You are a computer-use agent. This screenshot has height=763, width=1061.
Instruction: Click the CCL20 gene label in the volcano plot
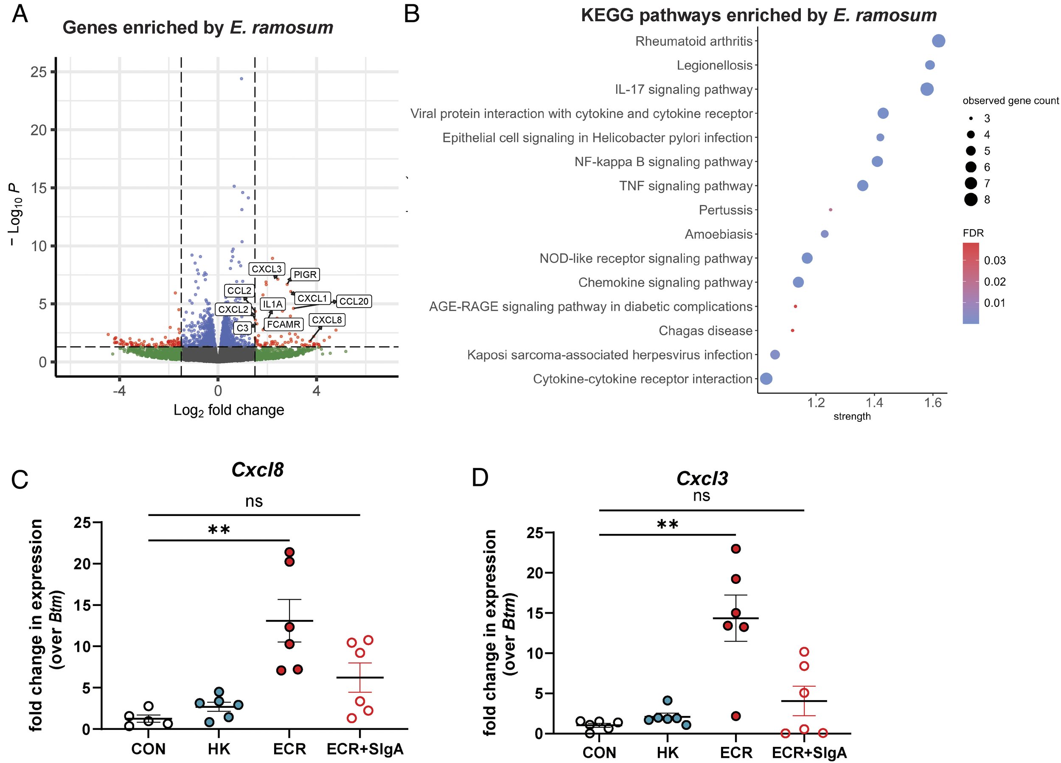pos(354,301)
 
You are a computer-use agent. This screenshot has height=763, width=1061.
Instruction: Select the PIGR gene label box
pos(305,275)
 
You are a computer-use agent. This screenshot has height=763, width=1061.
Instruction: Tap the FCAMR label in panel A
pos(283,324)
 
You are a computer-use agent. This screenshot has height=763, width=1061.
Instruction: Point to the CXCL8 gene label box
pos(327,320)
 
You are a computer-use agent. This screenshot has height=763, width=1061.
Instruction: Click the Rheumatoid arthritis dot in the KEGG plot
pos(938,41)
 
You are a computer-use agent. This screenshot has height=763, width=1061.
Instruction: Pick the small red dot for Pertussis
pos(831,210)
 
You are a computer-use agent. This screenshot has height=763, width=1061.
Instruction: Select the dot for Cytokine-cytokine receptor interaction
pos(766,379)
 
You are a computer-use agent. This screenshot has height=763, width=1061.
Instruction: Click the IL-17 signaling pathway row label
pos(683,90)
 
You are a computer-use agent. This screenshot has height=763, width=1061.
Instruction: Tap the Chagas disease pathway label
pos(705,331)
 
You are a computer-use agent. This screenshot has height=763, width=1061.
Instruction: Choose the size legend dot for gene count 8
pos(971,200)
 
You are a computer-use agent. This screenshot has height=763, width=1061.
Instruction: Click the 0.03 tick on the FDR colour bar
pos(994,261)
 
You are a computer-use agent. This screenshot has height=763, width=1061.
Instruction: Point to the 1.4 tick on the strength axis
pos(874,403)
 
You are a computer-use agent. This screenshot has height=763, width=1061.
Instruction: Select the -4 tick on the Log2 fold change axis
pos(120,390)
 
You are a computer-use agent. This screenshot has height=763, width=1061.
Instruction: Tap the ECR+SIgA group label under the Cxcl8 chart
pos(365,749)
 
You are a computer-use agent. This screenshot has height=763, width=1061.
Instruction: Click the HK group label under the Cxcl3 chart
pos(667,753)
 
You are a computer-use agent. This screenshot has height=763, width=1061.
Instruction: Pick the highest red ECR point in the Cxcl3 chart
pos(736,549)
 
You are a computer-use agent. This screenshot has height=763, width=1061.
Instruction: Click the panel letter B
pos(412,14)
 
